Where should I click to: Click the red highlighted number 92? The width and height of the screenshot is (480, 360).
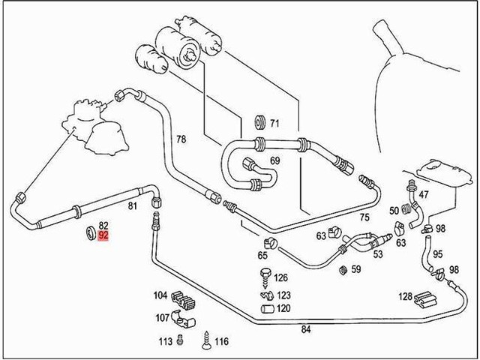pos(104,235)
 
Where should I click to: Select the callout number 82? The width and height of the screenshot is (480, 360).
pos(104,225)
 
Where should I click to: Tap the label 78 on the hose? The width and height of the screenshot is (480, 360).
pos(181,139)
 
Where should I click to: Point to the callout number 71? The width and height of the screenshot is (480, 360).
pos(274,123)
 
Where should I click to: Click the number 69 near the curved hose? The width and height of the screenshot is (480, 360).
pos(274,161)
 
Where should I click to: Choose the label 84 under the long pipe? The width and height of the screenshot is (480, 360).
pos(305,328)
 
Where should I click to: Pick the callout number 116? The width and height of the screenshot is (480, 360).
pos(221,342)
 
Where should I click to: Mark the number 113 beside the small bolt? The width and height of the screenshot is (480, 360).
pos(166,342)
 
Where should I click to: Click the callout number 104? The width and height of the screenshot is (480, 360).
pos(160,295)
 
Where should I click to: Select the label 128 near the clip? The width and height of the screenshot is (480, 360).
pos(406,297)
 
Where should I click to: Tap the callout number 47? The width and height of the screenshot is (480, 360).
pos(424,195)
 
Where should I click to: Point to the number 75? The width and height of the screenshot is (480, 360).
pos(364,217)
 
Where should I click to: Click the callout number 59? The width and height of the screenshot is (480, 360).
pos(355,268)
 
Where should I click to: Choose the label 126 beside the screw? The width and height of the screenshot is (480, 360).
pos(281,277)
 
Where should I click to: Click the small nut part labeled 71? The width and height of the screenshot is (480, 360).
pos(261,122)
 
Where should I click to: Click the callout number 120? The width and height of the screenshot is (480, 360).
pos(283,308)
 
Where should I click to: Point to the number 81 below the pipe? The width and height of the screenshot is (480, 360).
pos(132,205)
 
